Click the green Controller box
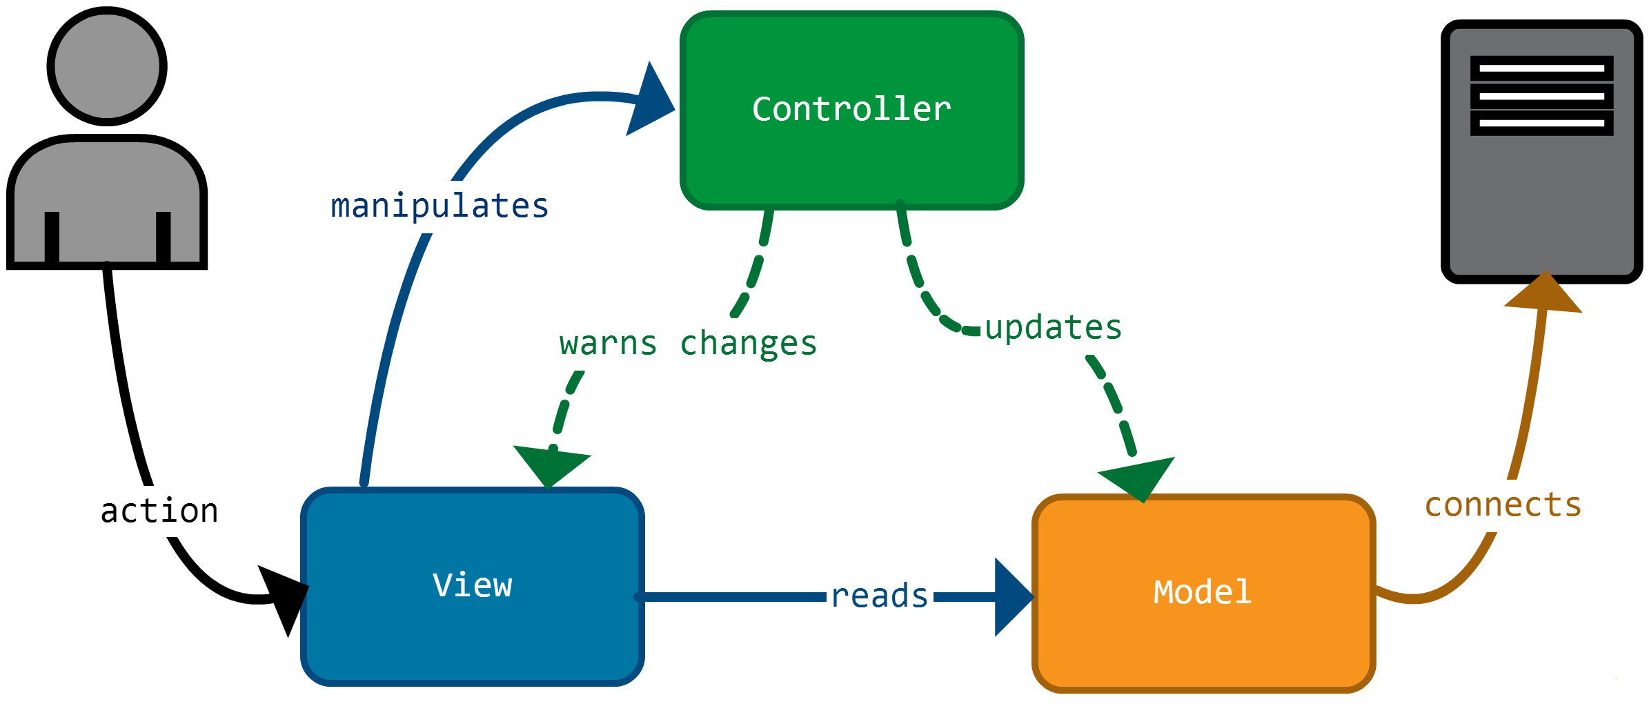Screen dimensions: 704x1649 pos(851,110)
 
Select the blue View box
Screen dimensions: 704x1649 pos(473,587)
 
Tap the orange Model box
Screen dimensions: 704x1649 pos(1204,594)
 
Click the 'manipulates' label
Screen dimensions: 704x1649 pos(440,207)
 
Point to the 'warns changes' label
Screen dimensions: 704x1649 pos(689,344)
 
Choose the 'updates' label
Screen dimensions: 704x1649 pos(1054,328)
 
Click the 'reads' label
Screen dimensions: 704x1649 pos(880,596)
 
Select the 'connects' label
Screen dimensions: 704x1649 pos(1503,505)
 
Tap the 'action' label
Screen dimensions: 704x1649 pos(159,511)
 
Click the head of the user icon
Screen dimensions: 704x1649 pos(107,66)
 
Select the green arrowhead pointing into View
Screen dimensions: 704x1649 pos(551,465)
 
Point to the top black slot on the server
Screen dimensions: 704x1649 pos(1541,68)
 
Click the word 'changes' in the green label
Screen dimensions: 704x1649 pos(749,344)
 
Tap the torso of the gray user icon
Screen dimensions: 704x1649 pos(107,200)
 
